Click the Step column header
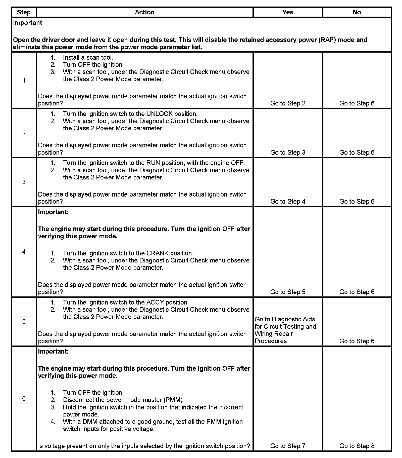pos(24,12)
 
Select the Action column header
pos(144,12)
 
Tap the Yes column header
pos(288,12)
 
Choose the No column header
pos(357,12)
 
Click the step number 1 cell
pos(24,81)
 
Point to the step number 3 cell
pos(24,182)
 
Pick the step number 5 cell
pos(24,322)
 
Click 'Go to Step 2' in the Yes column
pos(288,103)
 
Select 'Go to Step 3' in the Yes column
pos(288,152)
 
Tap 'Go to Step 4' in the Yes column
pos(288,202)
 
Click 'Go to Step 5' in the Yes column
pos(288,292)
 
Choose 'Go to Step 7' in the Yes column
pos(288,446)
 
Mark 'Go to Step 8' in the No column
pos(357,446)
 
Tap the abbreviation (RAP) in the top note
pos(327,40)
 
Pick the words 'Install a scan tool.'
pos(88,57)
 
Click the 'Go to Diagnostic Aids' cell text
pos(285,319)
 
